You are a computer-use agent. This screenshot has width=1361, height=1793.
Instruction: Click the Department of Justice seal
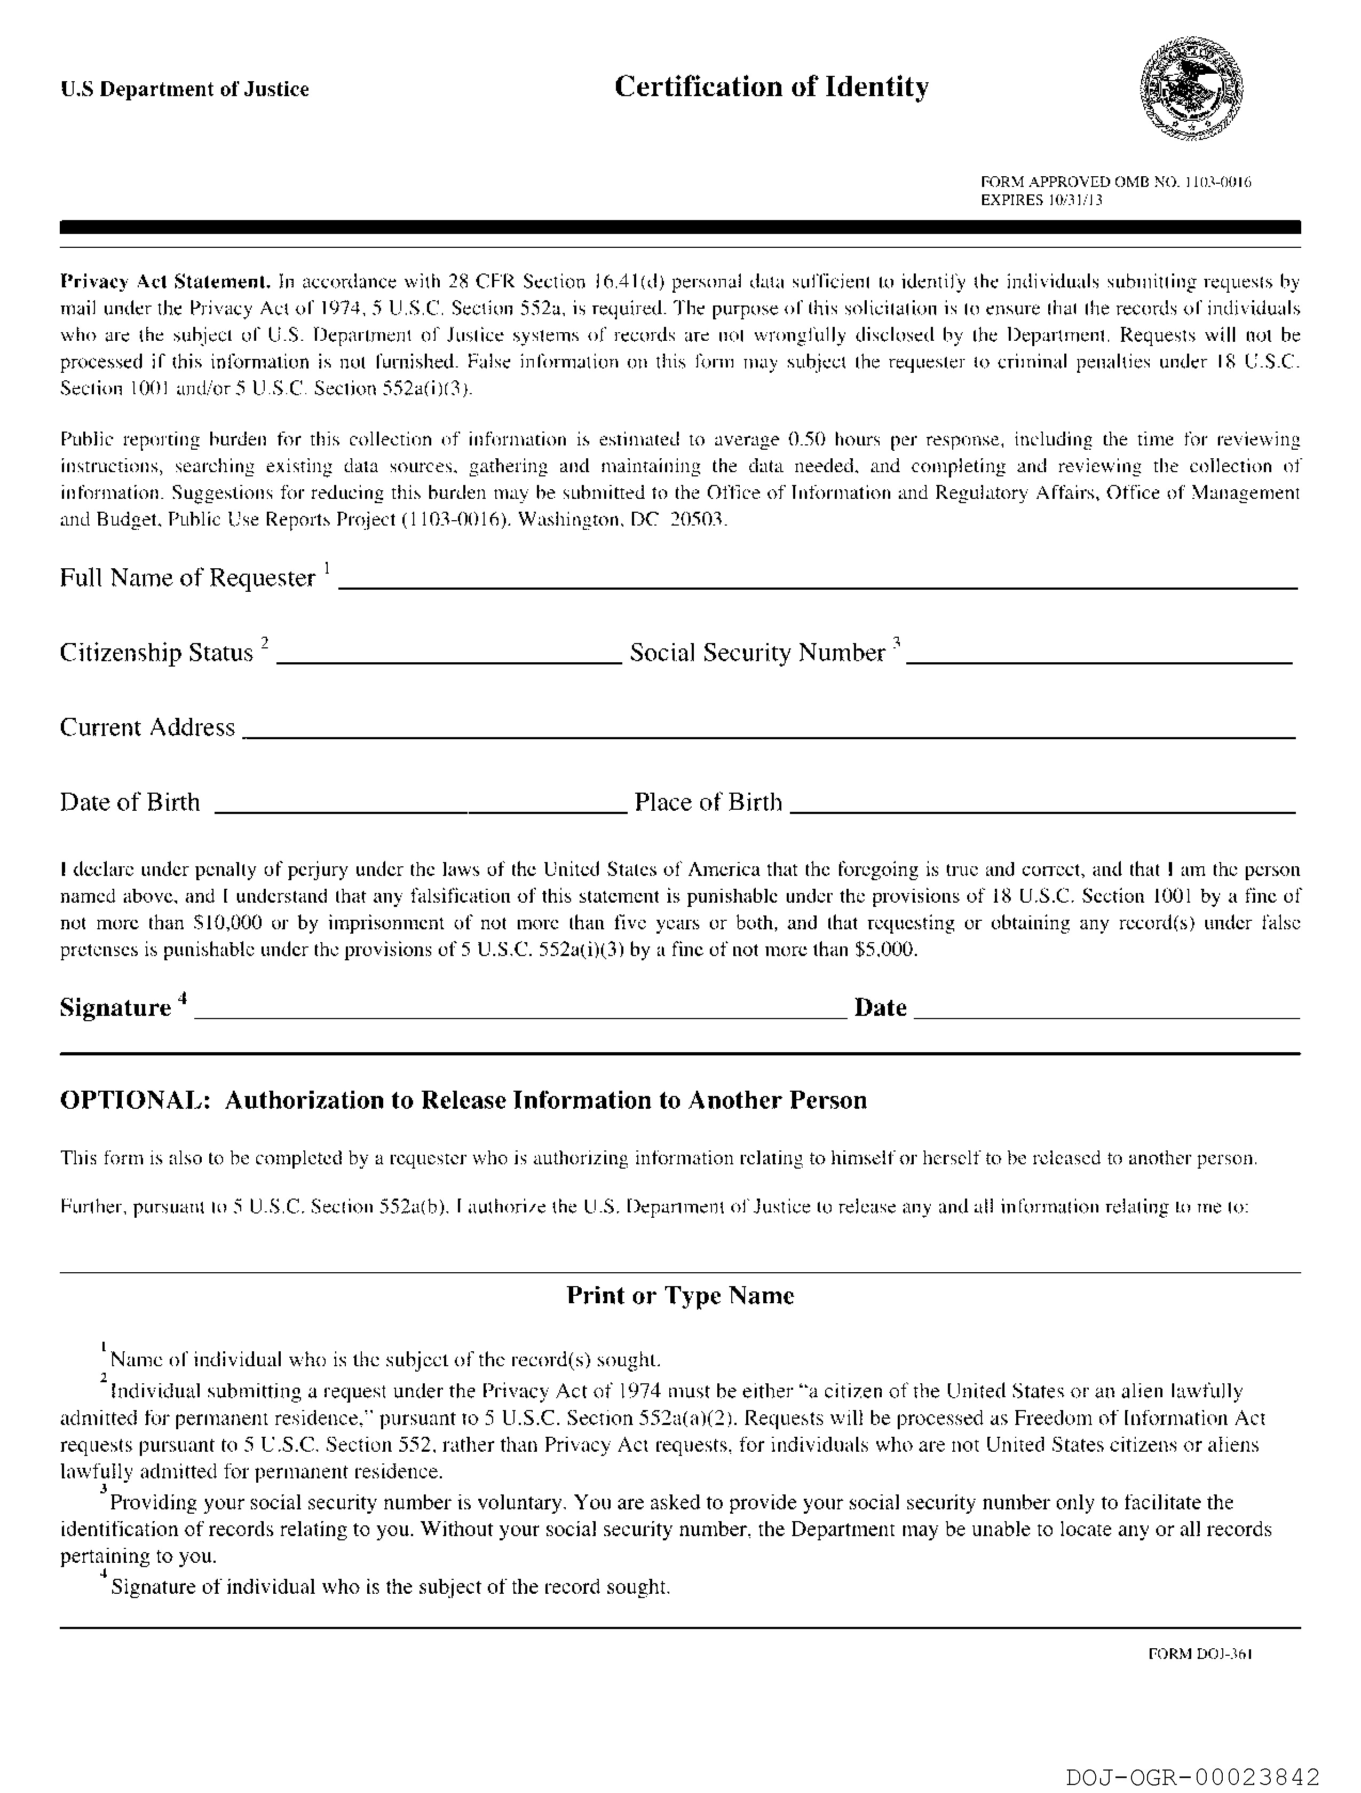coord(1191,90)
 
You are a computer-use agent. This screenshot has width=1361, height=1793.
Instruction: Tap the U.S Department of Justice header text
coord(185,89)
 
